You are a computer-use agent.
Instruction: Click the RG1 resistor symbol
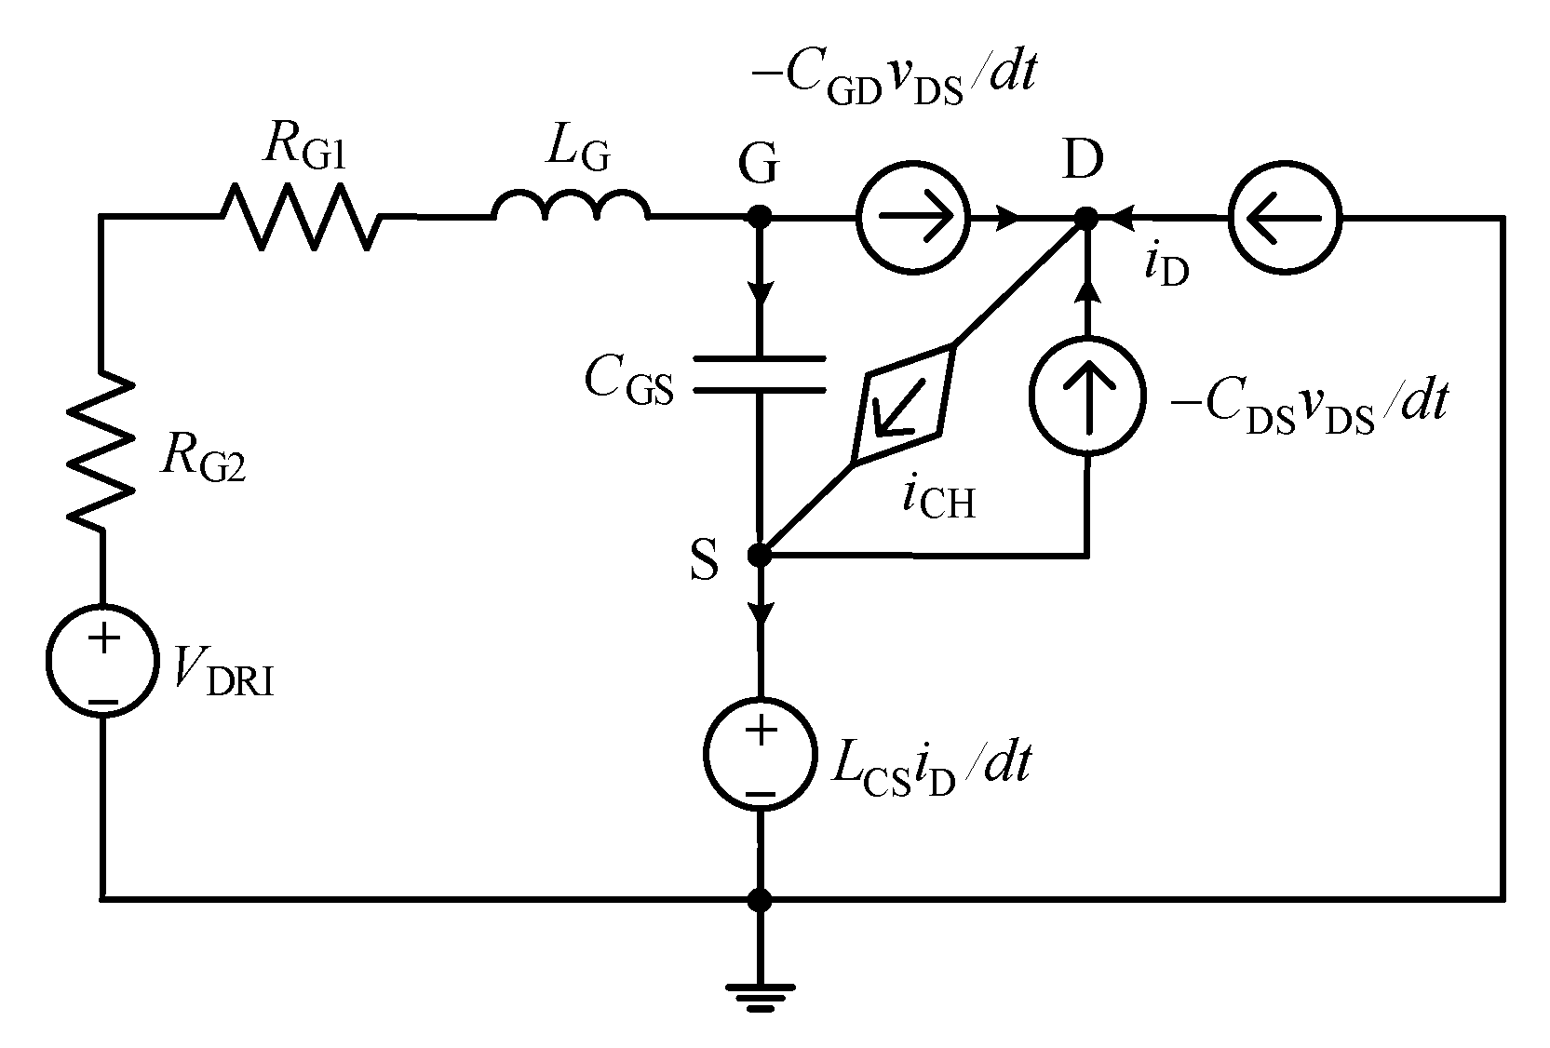[301, 217]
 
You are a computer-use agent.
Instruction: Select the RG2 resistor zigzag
[101, 450]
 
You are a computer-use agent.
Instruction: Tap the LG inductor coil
[571, 208]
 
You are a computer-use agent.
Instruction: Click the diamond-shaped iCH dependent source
[904, 405]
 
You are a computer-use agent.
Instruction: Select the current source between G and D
[912, 219]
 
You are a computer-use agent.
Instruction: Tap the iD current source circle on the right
[1284, 219]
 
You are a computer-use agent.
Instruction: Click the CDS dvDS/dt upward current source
[1085, 396]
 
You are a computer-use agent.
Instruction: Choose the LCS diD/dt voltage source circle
[761, 755]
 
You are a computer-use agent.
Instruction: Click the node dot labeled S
[760, 556]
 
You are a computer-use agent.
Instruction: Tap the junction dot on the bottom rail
[761, 899]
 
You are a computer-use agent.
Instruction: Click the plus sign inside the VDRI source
[103, 638]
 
